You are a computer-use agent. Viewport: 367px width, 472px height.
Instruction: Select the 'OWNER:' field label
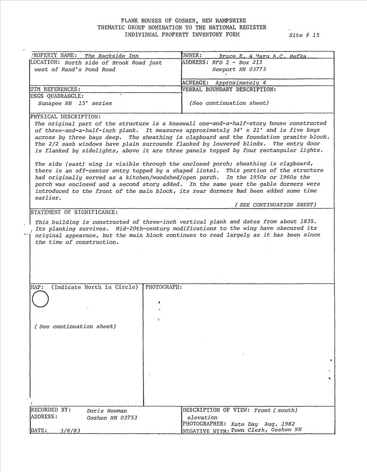(192, 55)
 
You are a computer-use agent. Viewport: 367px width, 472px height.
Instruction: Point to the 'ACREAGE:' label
(195, 82)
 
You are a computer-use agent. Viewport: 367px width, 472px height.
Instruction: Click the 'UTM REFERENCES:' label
(55, 89)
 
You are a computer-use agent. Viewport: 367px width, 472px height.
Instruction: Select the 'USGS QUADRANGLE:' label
(57, 96)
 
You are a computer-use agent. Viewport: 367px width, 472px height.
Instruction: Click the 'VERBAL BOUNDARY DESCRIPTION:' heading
(229, 89)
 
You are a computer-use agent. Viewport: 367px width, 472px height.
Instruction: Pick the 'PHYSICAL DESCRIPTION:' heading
(65, 116)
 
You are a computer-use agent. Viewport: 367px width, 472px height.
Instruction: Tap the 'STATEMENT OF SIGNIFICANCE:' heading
(74, 212)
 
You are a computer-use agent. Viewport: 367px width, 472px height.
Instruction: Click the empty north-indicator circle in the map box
(41, 299)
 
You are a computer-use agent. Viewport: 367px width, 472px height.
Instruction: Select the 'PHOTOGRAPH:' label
(163, 287)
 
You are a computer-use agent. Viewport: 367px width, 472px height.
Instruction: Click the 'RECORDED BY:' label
(51, 410)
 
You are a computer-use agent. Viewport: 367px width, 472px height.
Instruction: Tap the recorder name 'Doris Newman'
(107, 411)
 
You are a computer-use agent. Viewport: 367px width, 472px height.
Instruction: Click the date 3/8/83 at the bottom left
(70, 431)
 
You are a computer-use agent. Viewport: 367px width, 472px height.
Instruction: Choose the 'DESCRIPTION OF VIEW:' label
(217, 410)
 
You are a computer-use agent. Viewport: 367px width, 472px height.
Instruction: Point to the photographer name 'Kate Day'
(244, 424)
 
